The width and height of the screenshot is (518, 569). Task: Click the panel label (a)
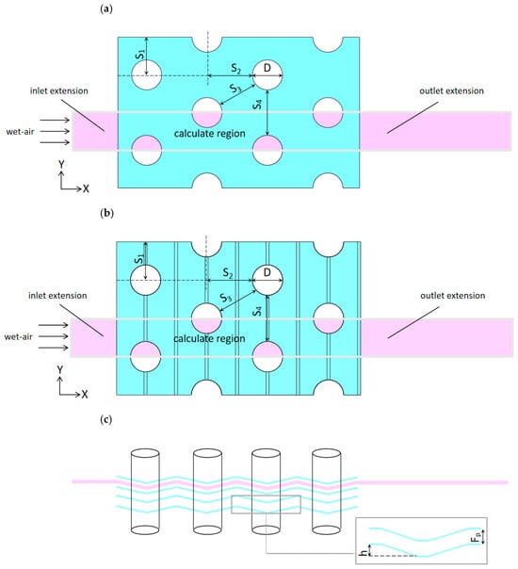click(x=105, y=9)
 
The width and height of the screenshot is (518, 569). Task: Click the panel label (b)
click(x=106, y=213)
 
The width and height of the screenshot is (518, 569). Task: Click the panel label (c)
click(x=105, y=420)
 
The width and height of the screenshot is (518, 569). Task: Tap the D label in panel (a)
click(x=267, y=68)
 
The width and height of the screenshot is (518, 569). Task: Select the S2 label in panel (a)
click(x=236, y=68)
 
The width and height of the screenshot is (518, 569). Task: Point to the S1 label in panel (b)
click(x=139, y=259)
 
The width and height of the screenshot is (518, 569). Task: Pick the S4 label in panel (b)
click(x=257, y=311)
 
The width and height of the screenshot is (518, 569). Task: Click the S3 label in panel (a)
click(x=235, y=89)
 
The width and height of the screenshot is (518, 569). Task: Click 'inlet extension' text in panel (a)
click(x=59, y=90)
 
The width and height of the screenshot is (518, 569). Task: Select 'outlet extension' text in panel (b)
click(x=453, y=296)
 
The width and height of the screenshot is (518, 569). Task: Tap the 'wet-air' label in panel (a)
click(x=20, y=131)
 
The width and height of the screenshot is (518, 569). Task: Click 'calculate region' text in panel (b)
click(x=209, y=338)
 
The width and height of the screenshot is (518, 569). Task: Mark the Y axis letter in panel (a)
click(x=61, y=164)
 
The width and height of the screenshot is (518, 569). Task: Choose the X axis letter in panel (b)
click(x=85, y=394)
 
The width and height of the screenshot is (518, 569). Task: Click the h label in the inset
click(x=363, y=553)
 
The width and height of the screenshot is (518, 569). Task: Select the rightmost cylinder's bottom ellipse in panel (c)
click(x=327, y=530)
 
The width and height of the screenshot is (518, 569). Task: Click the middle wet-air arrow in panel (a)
click(x=55, y=131)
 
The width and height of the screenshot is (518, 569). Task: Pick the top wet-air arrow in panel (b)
click(x=54, y=325)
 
